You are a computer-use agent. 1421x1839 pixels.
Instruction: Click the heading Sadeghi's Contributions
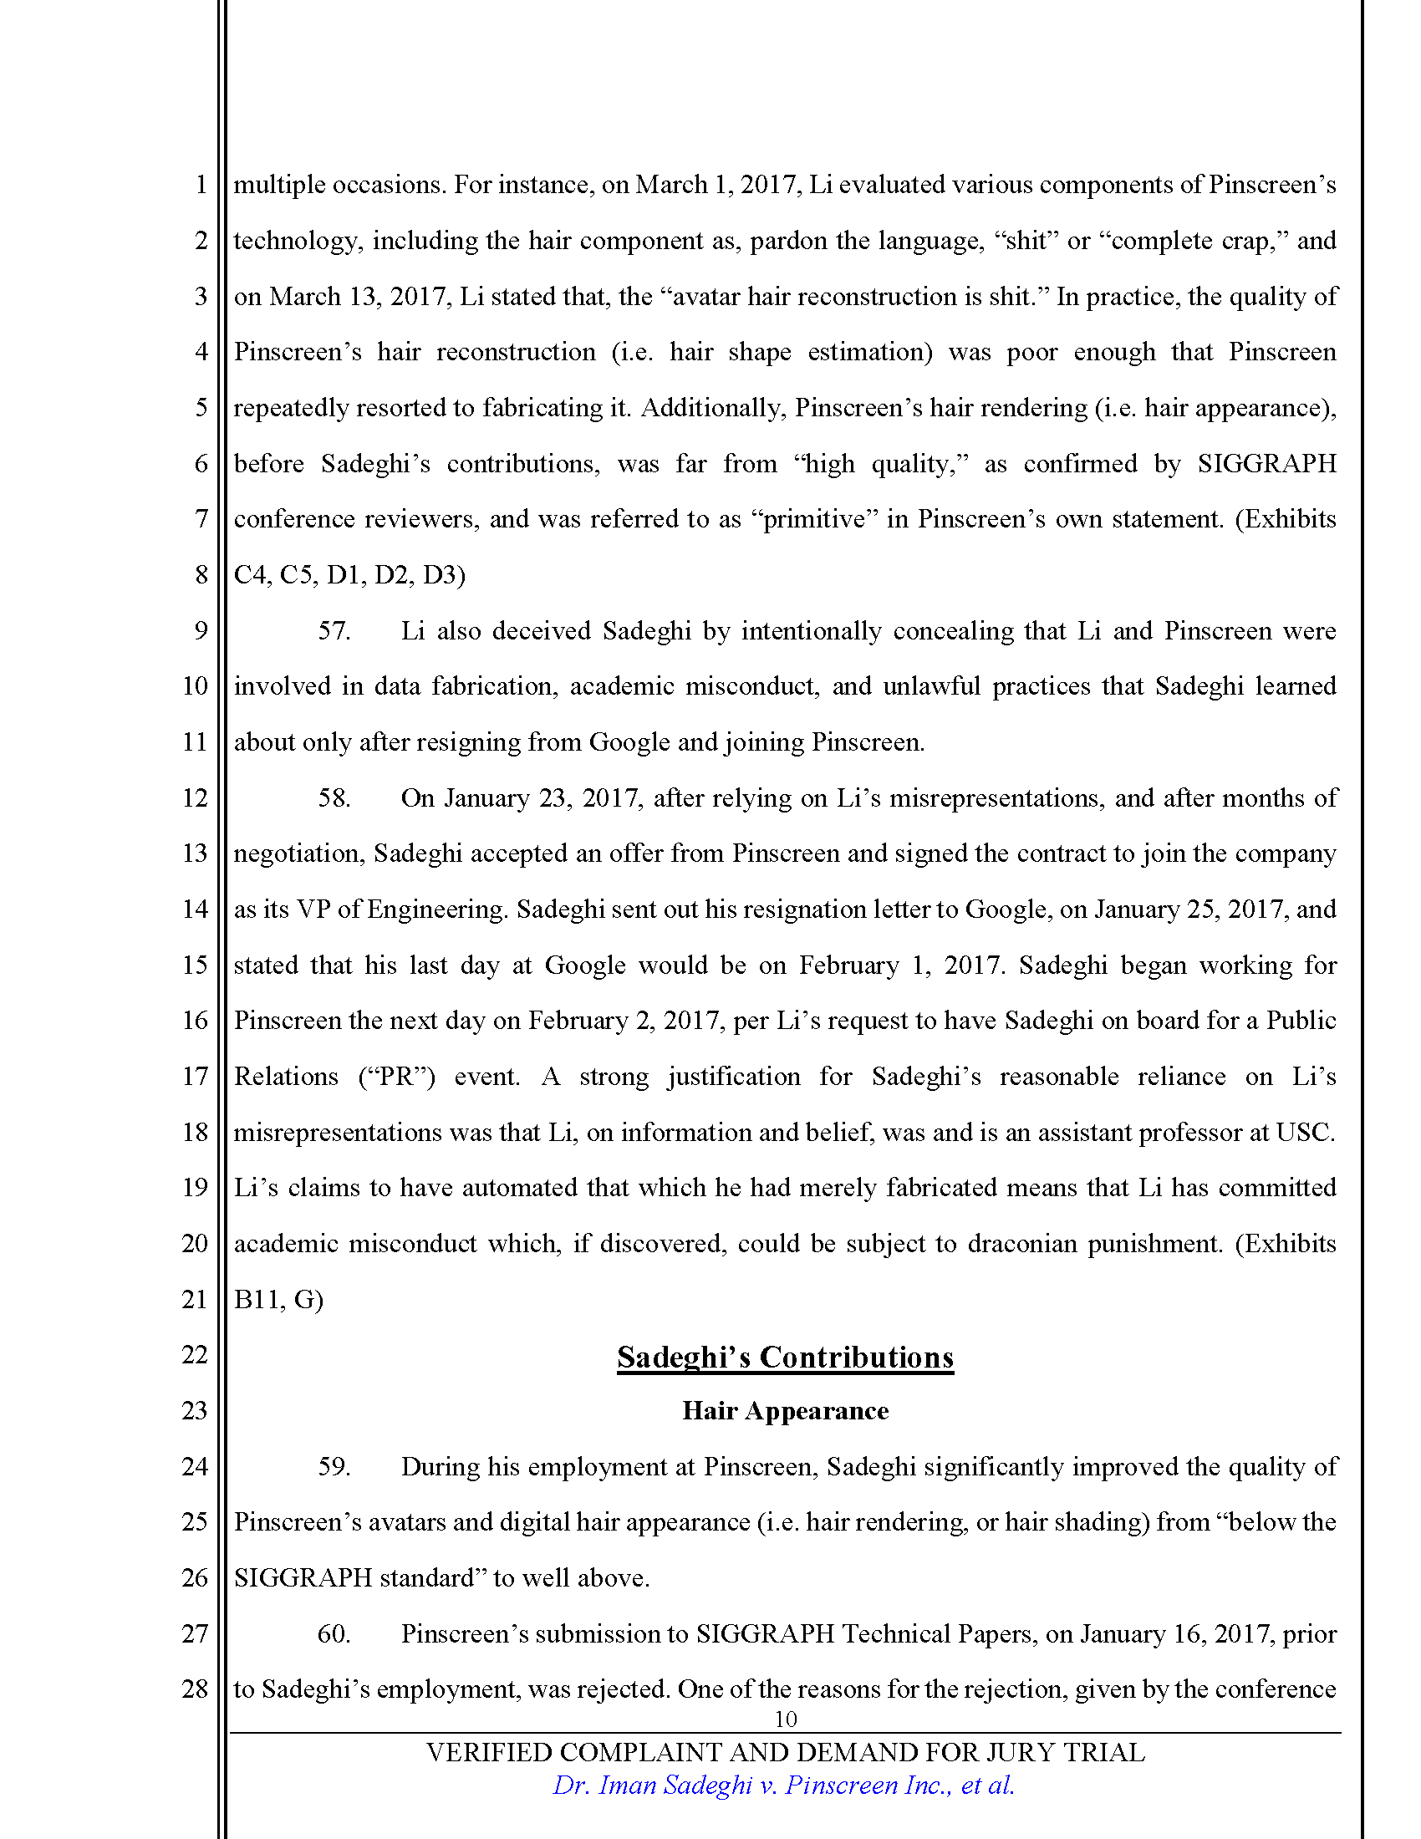pyautogui.click(x=785, y=1358)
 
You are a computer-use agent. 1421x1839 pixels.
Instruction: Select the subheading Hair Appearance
pyautogui.click(x=785, y=1411)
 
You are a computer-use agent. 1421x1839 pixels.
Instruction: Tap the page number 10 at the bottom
pyautogui.click(x=785, y=1719)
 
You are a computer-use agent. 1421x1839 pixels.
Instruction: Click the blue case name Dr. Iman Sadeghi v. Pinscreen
pyautogui.click(x=783, y=1786)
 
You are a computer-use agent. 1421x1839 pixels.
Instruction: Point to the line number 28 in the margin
pyautogui.click(x=195, y=1689)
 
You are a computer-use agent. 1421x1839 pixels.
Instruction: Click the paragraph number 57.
pyautogui.click(x=334, y=630)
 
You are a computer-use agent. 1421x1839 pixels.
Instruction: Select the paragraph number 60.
pyautogui.click(x=334, y=1633)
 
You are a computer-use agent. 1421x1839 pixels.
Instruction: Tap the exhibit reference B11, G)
pyautogui.click(x=278, y=1299)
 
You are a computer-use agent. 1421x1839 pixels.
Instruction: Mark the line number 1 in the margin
pyautogui.click(x=201, y=185)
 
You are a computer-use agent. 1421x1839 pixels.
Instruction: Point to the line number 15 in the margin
pyautogui.click(x=195, y=965)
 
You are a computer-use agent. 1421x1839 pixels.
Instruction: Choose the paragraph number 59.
pyautogui.click(x=334, y=1467)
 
